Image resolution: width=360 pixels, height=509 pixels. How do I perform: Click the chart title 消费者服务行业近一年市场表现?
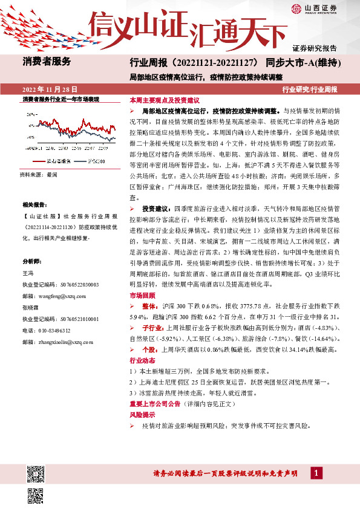(61, 99)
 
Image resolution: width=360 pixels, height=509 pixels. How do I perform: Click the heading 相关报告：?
(34, 206)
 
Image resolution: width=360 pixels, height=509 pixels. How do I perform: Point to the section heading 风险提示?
(140, 415)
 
